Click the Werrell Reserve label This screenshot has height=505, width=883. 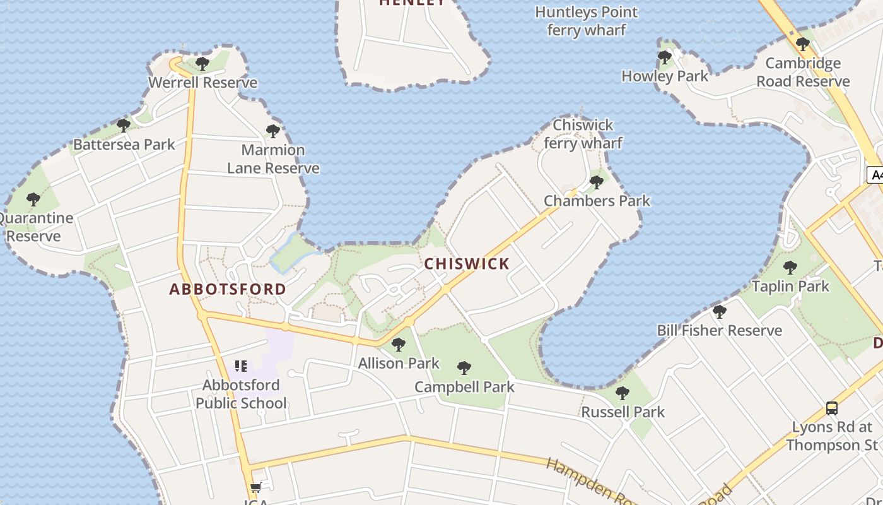coord(202,83)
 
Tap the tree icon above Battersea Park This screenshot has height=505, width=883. coord(124,125)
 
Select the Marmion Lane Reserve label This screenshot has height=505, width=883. coord(273,159)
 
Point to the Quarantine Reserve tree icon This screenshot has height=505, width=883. coord(33,199)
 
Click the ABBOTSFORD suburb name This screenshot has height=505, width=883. coord(228,289)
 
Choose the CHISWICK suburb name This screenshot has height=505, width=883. coord(467,264)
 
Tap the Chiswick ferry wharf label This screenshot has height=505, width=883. coord(583,134)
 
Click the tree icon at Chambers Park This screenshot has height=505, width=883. coord(596,182)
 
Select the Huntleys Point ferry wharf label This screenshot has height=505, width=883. coord(587,21)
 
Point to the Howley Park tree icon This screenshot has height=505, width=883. coord(664,57)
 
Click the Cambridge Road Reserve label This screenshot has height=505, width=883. coord(803,72)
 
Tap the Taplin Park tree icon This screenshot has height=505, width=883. coord(790,267)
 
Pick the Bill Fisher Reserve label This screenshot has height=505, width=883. coord(720,330)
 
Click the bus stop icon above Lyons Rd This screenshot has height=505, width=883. coord(832,408)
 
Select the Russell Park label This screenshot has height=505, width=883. coord(623,412)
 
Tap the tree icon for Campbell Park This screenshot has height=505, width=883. coord(464,367)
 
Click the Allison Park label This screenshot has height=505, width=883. coord(399,363)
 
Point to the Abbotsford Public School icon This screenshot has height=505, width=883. coord(240,366)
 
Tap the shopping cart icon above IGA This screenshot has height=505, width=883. coord(255,488)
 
